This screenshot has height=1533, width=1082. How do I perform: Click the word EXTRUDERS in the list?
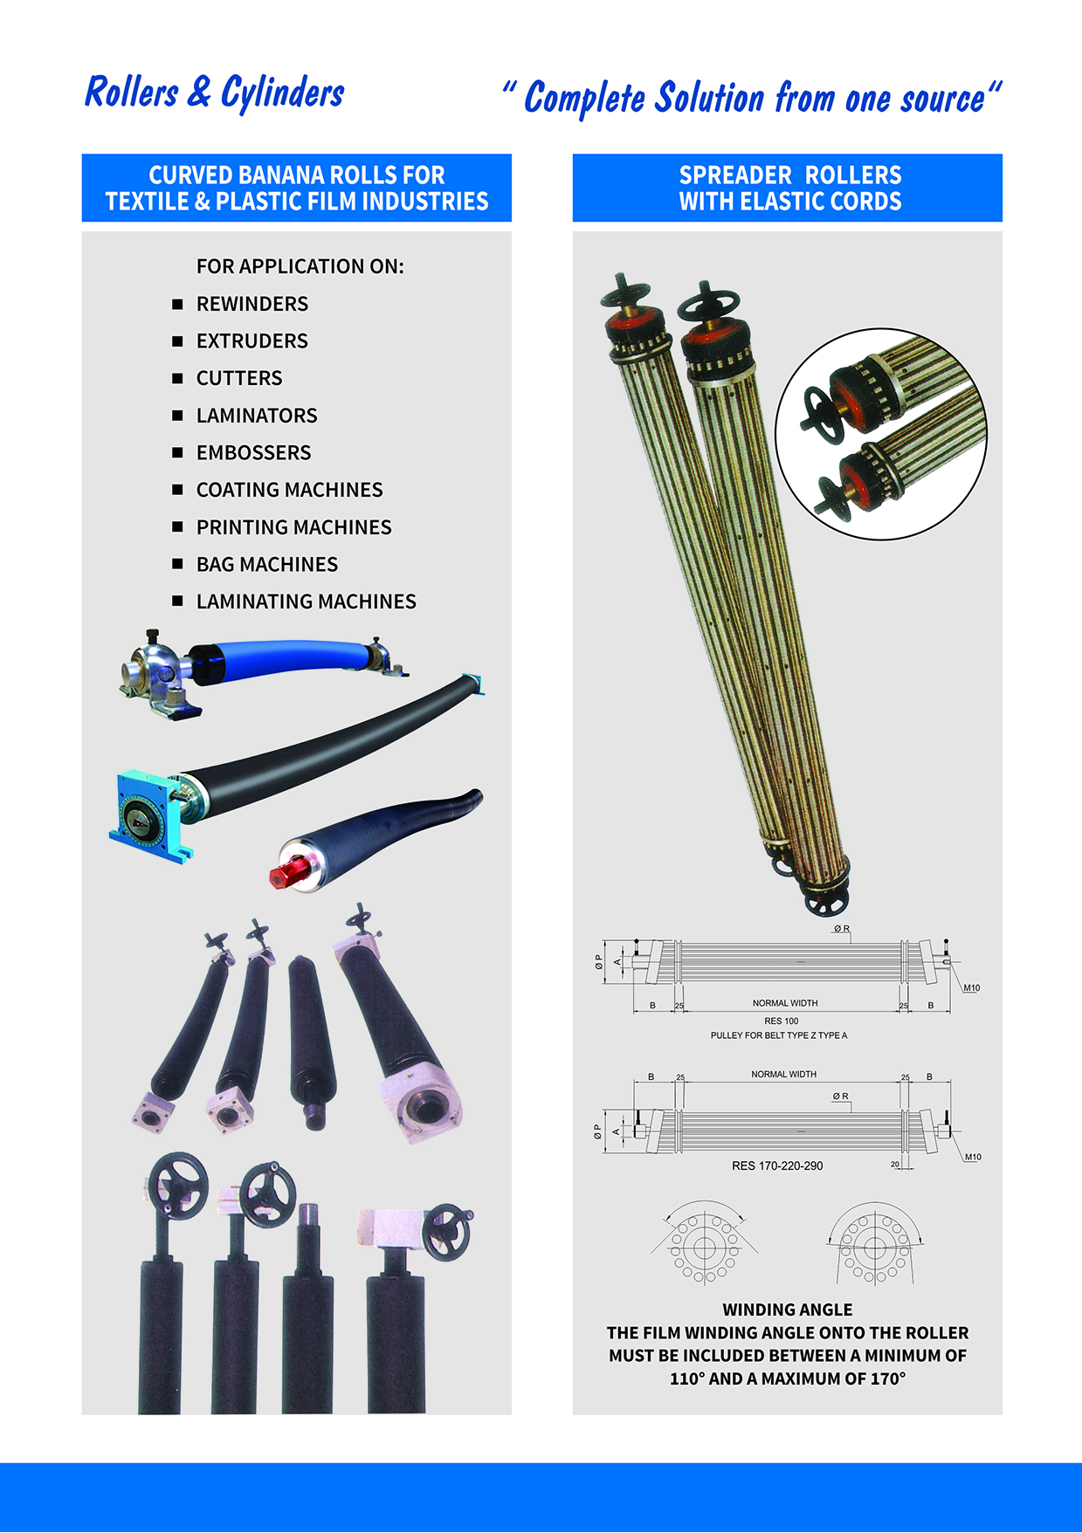pyautogui.click(x=252, y=341)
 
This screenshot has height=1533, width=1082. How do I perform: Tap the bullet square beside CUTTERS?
pyautogui.click(x=178, y=379)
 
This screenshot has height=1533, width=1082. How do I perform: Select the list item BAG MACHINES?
pyautogui.click(x=267, y=565)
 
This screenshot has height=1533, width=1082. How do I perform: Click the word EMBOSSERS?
pyautogui.click(x=254, y=453)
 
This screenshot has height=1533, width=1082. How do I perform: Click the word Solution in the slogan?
pyautogui.click(x=710, y=98)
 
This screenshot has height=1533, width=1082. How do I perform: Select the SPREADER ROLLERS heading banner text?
pyautogui.click(x=790, y=188)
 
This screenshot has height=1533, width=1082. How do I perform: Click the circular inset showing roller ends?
pyautogui.click(x=881, y=434)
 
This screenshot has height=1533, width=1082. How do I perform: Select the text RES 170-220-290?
pyautogui.click(x=777, y=1166)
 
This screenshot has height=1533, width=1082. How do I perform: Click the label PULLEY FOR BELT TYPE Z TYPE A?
pyautogui.click(x=779, y=1035)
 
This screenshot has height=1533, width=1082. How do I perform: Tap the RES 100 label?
pyautogui.click(x=782, y=1021)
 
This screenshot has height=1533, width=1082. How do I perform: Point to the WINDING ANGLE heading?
pyautogui.click(x=788, y=1310)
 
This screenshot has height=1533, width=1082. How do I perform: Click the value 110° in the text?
pyautogui.click(x=686, y=1379)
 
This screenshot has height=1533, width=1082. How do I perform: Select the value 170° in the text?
pyautogui.click(x=888, y=1379)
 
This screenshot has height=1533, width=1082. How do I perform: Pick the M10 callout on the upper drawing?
pyautogui.click(x=972, y=988)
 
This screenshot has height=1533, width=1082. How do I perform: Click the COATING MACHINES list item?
pyautogui.click(x=290, y=491)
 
